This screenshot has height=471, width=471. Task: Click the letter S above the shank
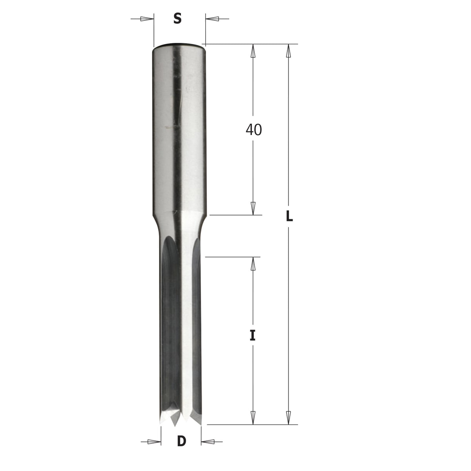click(177, 18)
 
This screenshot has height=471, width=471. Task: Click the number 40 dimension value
click(254, 130)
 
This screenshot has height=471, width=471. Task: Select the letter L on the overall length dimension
click(289, 216)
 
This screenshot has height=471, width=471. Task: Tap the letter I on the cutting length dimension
click(253, 335)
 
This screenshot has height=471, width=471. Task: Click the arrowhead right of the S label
click(212, 19)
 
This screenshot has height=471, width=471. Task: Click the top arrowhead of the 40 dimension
click(253, 51)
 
